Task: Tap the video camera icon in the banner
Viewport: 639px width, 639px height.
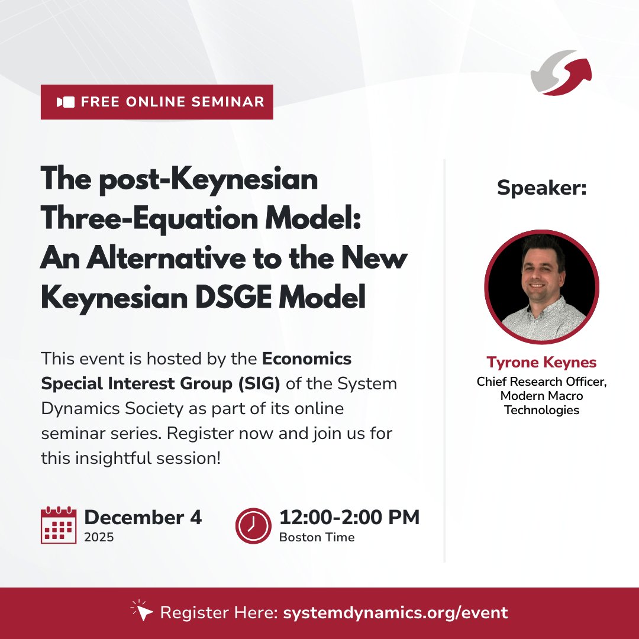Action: [x=66, y=102]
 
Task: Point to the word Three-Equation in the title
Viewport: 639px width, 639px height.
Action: [x=133, y=220]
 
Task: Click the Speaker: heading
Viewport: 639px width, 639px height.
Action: [x=541, y=188]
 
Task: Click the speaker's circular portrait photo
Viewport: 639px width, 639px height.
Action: [x=541, y=287]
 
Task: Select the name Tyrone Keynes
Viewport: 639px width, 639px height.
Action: [x=541, y=362]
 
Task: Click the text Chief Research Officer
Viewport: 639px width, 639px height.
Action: [x=541, y=382]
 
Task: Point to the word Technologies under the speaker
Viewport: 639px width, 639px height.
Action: [x=541, y=410]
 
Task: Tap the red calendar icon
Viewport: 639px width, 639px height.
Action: [x=59, y=525]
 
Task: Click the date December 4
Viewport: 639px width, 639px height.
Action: [x=143, y=517]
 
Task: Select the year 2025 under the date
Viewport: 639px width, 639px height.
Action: [x=99, y=537]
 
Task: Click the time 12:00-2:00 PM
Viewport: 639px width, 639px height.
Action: [x=349, y=517]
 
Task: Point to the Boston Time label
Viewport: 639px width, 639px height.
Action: [x=317, y=537]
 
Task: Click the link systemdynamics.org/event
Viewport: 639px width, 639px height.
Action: [x=395, y=613]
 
